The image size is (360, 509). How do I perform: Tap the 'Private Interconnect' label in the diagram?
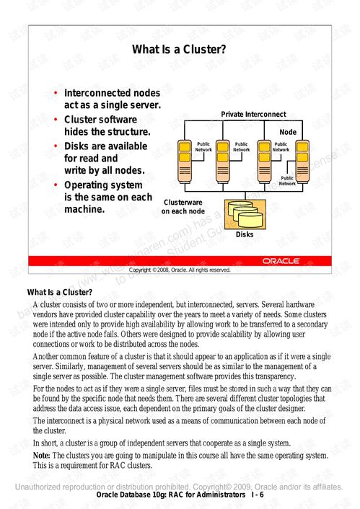[x=253, y=115]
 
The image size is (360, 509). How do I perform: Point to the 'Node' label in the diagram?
[x=287, y=133]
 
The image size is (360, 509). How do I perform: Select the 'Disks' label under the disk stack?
[x=245, y=234]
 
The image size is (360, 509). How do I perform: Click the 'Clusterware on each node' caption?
[x=183, y=207]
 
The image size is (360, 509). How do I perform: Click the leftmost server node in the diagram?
[x=183, y=159]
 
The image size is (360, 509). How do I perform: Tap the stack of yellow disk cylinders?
[x=245, y=212]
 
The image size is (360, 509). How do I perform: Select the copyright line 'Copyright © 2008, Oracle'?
[x=179, y=270]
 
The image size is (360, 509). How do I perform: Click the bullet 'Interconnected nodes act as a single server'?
[x=112, y=99]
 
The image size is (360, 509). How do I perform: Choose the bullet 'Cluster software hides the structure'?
[x=107, y=125]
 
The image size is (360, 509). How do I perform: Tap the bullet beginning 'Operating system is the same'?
[x=107, y=197]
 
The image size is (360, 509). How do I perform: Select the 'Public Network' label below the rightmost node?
[x=287, y=180]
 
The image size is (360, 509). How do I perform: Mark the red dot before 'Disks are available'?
[x=56, y=146]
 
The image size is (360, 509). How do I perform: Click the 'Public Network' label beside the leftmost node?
[x=203, y=147]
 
